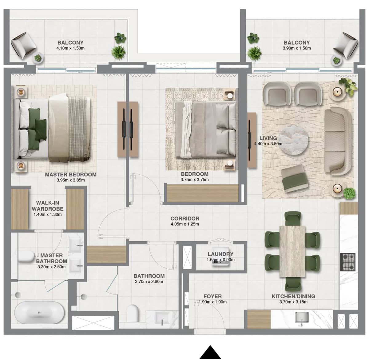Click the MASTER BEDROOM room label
(x=70, y=175)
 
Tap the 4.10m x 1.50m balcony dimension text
(x=70, y=48)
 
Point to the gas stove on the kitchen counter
(x=347, y=262)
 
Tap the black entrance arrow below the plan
(x=210, y=353)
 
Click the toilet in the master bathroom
(x=26, y=256)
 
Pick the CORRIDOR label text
(x=185, y=219)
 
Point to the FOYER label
(x=212, y=296)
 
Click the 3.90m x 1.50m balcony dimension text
(x=297, y=48)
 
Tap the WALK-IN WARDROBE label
(x=47, y=206)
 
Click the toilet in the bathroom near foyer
(x=133, y=313)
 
